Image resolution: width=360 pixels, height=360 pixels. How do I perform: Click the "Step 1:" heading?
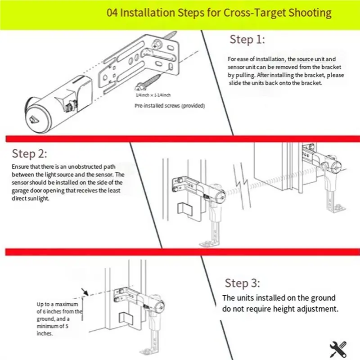point(247,40)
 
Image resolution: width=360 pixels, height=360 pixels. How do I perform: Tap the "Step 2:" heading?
point(29,153)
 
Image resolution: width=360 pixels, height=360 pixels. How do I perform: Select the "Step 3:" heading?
point(242,283)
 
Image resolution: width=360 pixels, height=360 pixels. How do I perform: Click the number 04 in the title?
point(112,13)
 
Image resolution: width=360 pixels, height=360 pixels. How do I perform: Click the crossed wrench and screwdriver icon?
point(338,349)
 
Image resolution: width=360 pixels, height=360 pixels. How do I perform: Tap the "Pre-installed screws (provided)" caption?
point(170,106)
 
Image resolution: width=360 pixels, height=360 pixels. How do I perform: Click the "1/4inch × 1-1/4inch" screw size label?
point(153,95)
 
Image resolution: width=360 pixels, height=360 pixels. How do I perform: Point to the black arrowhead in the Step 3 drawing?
point(85,292)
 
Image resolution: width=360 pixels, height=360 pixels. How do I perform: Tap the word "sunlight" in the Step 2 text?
point(40,198)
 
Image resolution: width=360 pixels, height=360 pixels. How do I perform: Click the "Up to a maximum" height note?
point(58,304)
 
